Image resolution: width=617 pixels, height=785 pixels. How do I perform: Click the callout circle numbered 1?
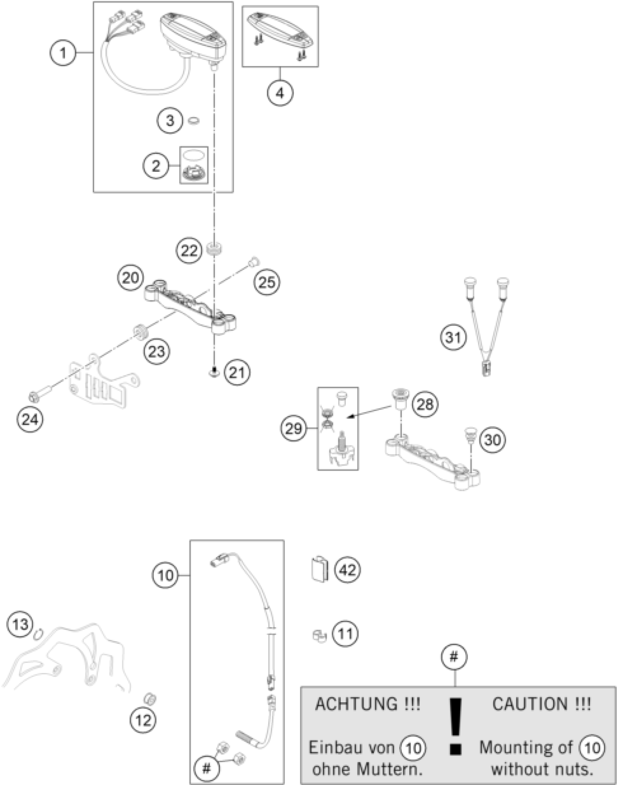pyautogui.click(x=63, y=53)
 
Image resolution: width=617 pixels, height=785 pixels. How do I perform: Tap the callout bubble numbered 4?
pyautogui.click(x=280, y=93)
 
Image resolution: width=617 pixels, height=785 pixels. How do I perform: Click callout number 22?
pyautogui.click(x=189, y=251)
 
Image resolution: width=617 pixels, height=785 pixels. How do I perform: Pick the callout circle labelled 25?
pyautogui.click(x=267, y=282)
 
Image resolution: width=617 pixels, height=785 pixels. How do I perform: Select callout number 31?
pyautogui.click(x=454, y=338)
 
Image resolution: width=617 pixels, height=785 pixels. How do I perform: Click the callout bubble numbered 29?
pyautogui.click(x=293, y=428)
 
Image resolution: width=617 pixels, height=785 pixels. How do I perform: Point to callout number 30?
pyautogui.click(x=493, y=440)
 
